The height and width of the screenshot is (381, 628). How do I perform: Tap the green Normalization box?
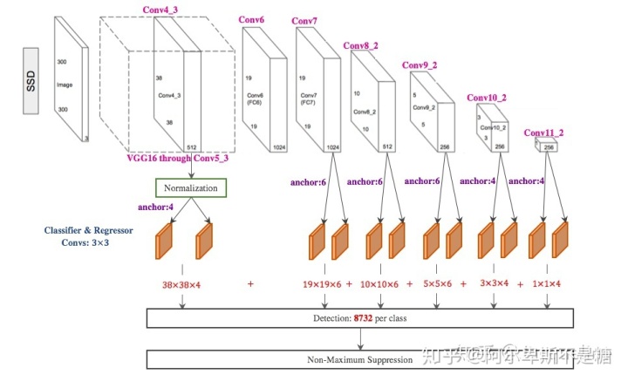pyautogui.click(x=190, y=187)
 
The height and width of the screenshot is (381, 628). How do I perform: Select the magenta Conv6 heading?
pyautogui.click(x=251, y=18)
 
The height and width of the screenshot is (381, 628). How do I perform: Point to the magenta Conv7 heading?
pyautogui.click(x=304, y=20)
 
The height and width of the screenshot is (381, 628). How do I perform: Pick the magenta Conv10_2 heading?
pyautogui.click(x=488, y=98)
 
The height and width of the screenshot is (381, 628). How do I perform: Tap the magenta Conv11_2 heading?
pyautogui.click(x=543, y=133)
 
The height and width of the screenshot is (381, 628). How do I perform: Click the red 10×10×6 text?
pyautogui.click(x=380, y=284)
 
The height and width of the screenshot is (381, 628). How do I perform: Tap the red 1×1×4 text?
pyautogui.click(x=547, y=284)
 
